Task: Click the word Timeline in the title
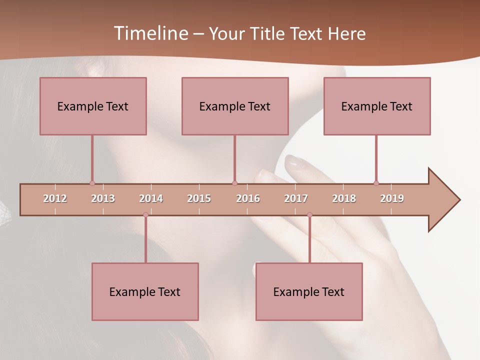tap(151, 33)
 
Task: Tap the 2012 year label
tap(55, 198)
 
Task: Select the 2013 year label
tap(103, 198)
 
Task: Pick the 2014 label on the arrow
tap(151, 198)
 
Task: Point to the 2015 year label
tap(199, 198)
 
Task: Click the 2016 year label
tap(248, 198)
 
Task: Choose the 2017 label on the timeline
tap(296, 198)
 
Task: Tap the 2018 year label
tap(344, 198)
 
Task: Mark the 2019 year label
tap(392, 198)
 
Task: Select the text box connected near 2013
tap(93, 106)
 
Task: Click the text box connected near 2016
tap(235, 106)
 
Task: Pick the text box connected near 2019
tap(377, 106)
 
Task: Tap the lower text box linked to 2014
tap(145, 291)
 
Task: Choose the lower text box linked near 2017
tap(309, 291)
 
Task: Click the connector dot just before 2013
tap(92, 183)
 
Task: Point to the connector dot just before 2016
tap(234, 183)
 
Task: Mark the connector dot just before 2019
tap(376, 183)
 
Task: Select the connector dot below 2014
tap(145, 215)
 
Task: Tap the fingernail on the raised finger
tap(295, 162)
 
